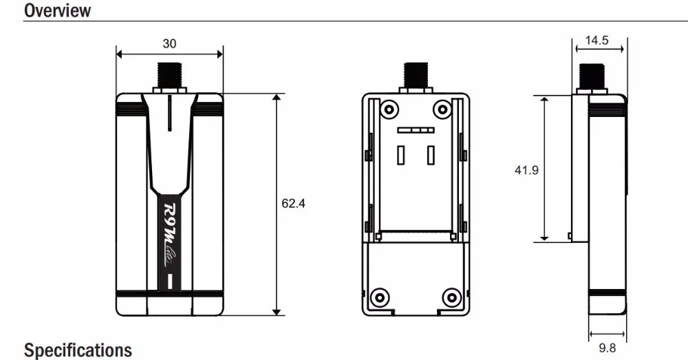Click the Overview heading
point(58,10)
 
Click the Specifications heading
point(78,350)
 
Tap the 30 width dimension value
point(169,43)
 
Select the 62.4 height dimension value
point(293,203)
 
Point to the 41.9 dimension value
point(526,170)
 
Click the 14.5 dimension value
point(596,41)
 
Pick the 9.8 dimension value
point(608,348)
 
